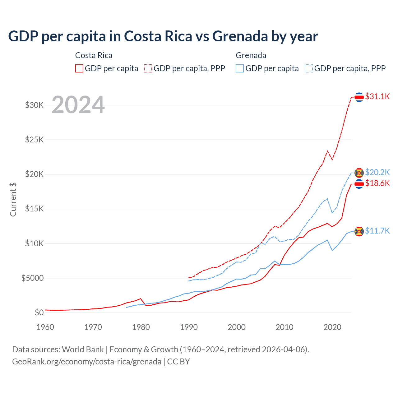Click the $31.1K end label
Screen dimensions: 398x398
(377, 96)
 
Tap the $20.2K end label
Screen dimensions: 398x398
(377, 172)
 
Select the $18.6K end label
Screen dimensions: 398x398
(377, 183)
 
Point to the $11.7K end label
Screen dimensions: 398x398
(377, 231)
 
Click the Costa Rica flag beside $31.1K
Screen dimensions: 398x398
(359, 97)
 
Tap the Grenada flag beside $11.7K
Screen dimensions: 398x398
(359, 231)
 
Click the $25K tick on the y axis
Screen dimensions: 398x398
(35, 140)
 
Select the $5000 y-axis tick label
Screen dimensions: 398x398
(33, 278)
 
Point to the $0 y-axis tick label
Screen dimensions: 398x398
(39, 312)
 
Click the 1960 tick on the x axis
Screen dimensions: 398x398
(45, 327)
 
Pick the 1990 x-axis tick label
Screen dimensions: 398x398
(189, 327)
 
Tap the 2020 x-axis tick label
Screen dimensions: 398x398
(332, 327)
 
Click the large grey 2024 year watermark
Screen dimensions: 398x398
(78, 105)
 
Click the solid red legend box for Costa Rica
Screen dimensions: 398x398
(79, 68)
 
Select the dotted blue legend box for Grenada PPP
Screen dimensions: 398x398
(309, 68)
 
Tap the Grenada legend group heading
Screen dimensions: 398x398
(251, 55)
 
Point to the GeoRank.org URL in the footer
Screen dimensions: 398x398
(87, 362)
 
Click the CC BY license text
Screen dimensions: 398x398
(178, 362)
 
